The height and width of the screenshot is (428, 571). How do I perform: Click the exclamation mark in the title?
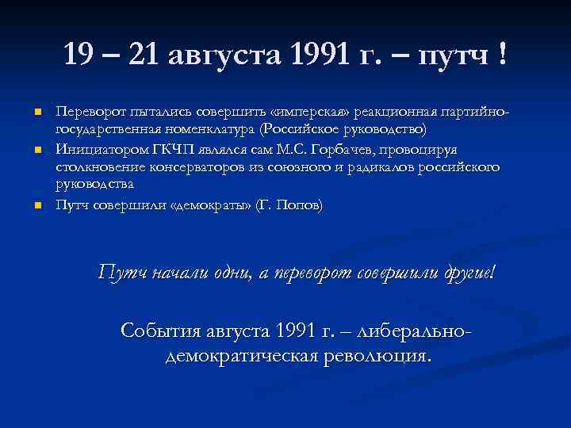click(503, 55)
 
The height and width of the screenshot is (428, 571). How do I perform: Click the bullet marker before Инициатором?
click(36, 149)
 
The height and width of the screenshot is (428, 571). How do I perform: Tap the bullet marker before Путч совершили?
click(36, 206)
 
